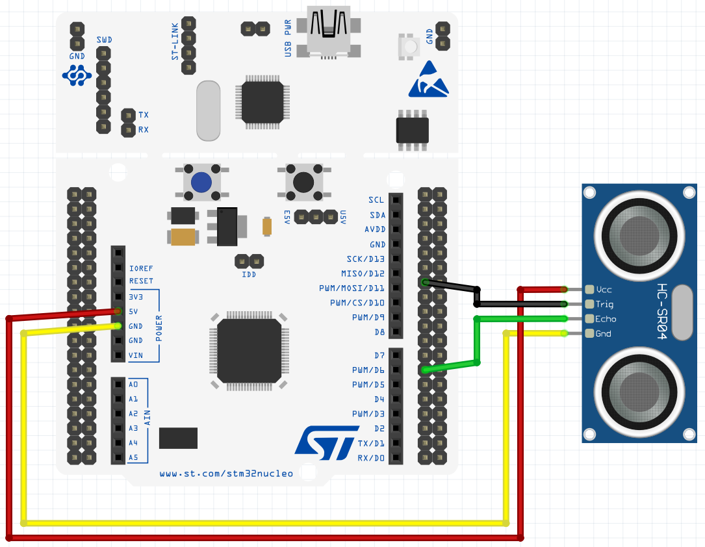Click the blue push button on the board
(x=201, y=182)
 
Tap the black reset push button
(x=303, y=182)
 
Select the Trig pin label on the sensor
(x=604, y=304)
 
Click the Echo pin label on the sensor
(x=606, y=319)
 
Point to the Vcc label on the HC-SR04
(x=604, y=290)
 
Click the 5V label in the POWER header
(x=133, y=311)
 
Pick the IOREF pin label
(x=141, y=268)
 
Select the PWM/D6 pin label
(x=368, y=370)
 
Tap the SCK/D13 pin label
(x=366, y=259)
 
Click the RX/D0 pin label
(x=371, y=458)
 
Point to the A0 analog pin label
(x=133, y=385)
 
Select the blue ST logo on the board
(x=327, y=442)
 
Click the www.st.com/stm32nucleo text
(x=226, y=474)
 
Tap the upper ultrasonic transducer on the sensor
(x=639, y=236)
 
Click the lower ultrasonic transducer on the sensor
(x=639, y=392)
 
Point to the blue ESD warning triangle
(x=428, y=79)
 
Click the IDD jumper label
(x=249, y=274)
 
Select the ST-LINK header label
(x=175, y=42)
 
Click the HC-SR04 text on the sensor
(x=661, y=311)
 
